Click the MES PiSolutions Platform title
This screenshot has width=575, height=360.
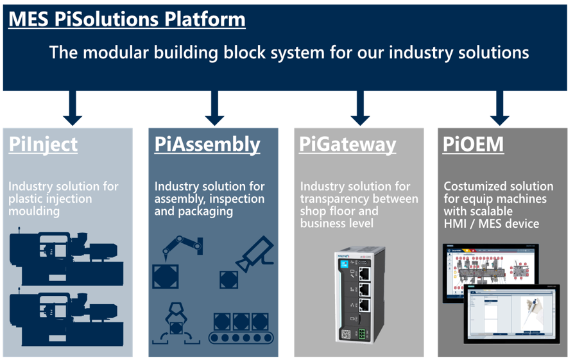click(x=126, y=19)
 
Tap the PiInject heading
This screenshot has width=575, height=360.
click(x=43, y=144)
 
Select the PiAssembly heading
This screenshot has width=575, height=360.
click(x=207, y=144)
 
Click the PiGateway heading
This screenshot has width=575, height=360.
click(x=347, y=144)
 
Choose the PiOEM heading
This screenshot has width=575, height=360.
click(x=473, y=144)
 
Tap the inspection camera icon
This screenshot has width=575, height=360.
click(x=254, y=253)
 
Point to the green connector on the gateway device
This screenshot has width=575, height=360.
click(x=364, y=334)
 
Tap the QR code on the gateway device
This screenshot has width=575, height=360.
click(x=347, y=334)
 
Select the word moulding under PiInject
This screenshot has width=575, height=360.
click(x=34, y=211)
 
